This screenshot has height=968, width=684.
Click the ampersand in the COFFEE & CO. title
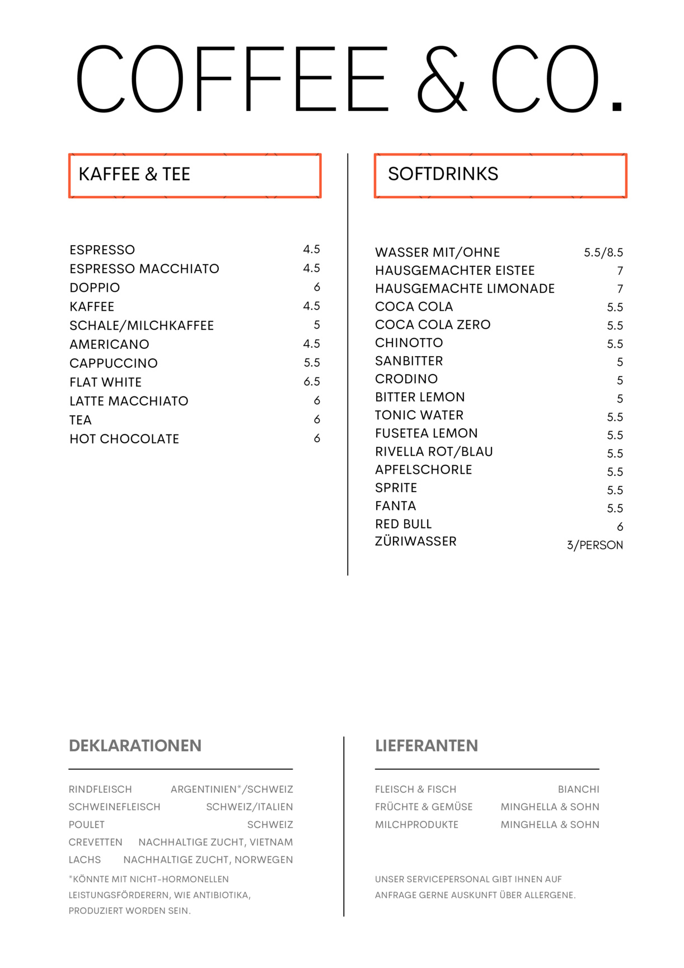click(x=442, y=80)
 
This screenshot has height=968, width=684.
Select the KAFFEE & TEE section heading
click(x=134, y=174)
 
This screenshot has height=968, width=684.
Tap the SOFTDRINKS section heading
click(x=443, y=174)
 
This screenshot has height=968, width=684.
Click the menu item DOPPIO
click(x=95, y=288)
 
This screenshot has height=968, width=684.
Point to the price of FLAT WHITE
click(x=312, y=382)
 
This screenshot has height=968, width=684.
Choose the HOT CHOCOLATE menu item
click(x=124, y=439)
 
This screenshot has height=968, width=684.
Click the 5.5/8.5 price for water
click(x=603, y=252)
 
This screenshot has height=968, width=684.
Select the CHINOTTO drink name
click(x=409, y=343)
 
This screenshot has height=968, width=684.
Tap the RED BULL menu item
click(x=403, y=524)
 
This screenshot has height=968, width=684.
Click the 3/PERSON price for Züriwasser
click(x=594, y=545)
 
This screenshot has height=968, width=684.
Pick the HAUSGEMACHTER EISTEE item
click(x=455, y=271)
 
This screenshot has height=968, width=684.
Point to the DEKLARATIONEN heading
click(x=135, y=746)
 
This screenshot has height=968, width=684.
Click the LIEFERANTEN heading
click(x=427, y=746)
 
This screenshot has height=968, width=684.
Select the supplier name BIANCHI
click(x=578, y=789)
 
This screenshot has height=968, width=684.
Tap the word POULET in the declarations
click(x=87, y=825)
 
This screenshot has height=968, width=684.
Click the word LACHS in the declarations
click(x=85, y=860)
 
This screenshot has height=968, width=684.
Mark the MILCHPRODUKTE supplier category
click(x=416, y=825)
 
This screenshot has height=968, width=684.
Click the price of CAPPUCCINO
click(x=312, y=363)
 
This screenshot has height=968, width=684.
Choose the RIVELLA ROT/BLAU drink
click(x=434, y=452)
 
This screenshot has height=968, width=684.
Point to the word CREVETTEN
click(x=95, y=843)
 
